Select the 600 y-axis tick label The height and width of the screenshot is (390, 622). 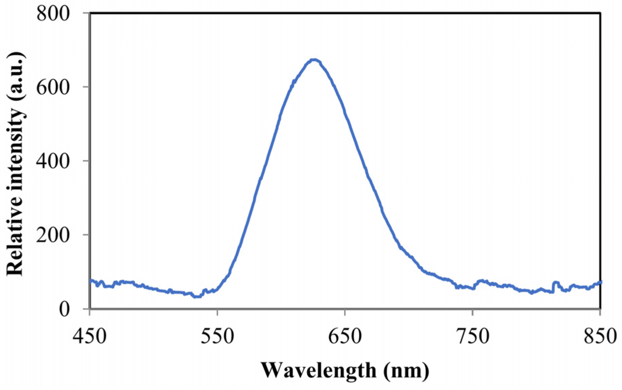[x=53, y=87]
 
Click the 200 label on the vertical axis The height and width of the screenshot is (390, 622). [x=53, y=235]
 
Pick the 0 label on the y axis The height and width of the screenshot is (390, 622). [x=64, y=309]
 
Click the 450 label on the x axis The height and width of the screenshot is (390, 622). [x=89, y=337]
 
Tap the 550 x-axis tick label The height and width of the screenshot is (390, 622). [x=217, y=337]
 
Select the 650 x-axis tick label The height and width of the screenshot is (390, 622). [x=345, y=337]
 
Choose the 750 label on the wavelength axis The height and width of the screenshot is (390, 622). [x=473, y=337]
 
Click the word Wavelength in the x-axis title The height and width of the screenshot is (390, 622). [x=318, y=370]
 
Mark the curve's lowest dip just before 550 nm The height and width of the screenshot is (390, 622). [x=197, y=296]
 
